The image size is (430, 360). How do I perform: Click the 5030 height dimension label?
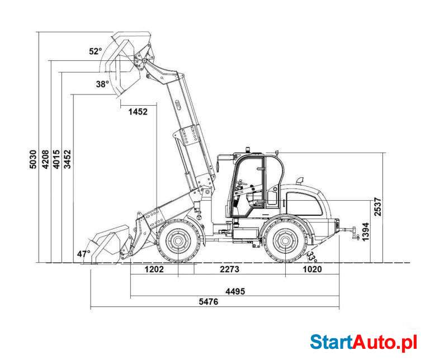[x=32, y=159]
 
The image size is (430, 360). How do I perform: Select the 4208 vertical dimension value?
[x=45, y=159]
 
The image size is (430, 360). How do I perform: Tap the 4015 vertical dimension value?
[x=56, y=159]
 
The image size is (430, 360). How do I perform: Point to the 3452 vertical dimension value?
[x=68, y=159]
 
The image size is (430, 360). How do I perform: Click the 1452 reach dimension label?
[x=138, y=112]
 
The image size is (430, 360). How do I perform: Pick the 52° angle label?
[x=96, y=51]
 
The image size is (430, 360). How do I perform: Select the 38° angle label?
[x=102, y=84]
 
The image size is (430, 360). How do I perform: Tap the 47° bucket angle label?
[x=83, y=254]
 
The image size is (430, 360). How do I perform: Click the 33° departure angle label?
[x=311, y=257]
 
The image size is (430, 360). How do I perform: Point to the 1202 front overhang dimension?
[x=154, y=269]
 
